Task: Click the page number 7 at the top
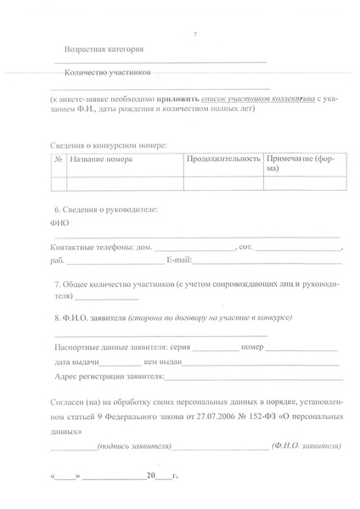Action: pos(194,34)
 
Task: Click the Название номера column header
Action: pos(101,159)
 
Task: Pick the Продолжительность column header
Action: pos(223,159)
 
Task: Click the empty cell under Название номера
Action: pos(125,183)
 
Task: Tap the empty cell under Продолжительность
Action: pos(223,183)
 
